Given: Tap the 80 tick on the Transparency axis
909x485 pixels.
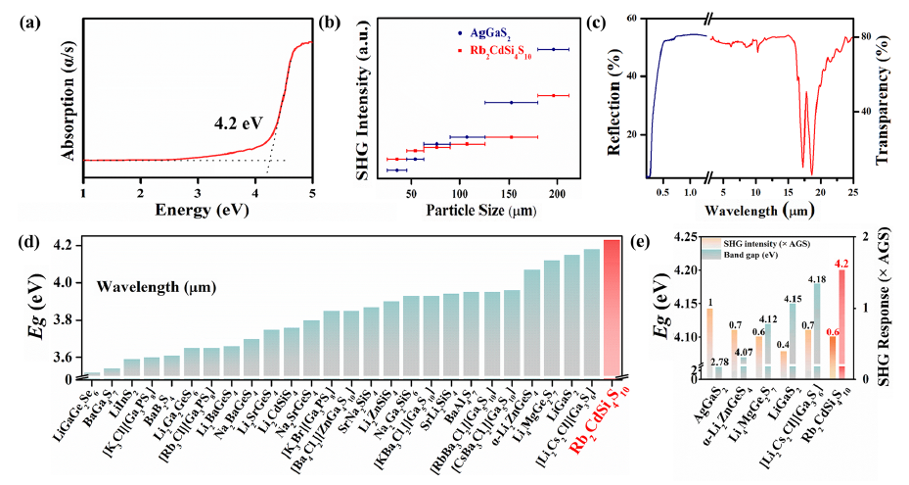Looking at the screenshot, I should (866, 37).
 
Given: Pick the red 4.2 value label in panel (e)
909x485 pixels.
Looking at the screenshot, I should (841, 263).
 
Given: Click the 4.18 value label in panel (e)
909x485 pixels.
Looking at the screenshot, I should (815, 280).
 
